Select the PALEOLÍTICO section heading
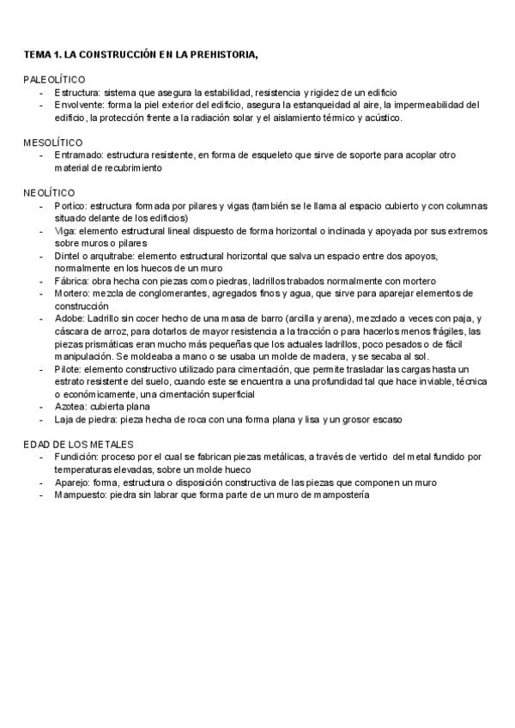54,79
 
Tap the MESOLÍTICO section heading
53,142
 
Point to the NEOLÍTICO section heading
49,192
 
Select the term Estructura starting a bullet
77,92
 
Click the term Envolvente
80,105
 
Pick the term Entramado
78,155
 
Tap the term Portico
70,206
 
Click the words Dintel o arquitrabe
93,256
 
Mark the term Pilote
68,369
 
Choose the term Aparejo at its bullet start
72,482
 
